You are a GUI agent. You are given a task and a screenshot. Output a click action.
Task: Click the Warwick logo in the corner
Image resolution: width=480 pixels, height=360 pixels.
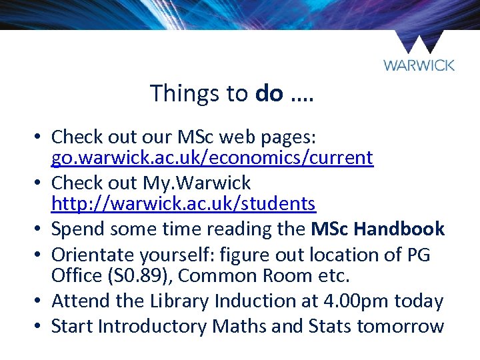point(419,52)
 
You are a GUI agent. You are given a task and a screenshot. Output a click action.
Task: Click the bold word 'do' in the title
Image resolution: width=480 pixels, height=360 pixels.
point(269,93)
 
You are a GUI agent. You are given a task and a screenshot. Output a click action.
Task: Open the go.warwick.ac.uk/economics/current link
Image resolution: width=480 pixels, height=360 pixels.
point(212,158)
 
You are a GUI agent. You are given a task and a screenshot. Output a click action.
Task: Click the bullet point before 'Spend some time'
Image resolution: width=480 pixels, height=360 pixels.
point(40,229)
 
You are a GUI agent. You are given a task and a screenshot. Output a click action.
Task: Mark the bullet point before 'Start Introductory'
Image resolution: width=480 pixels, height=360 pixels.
point(40,327)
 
